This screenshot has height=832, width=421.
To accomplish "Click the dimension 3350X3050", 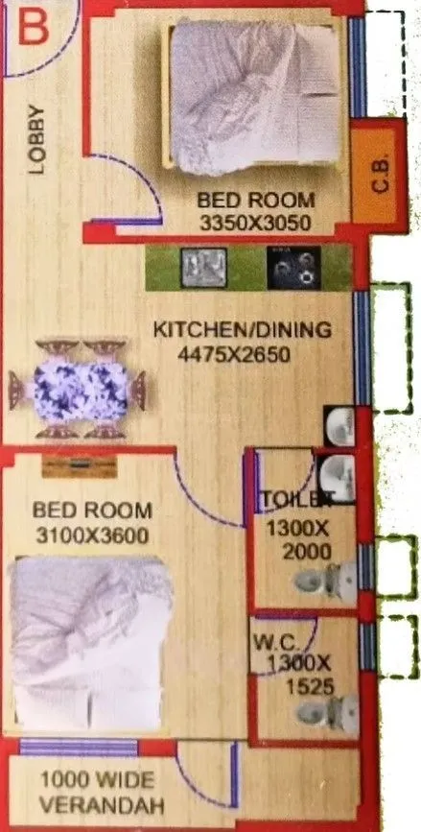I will [255, 222].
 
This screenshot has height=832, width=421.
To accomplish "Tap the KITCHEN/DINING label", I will [243, 330].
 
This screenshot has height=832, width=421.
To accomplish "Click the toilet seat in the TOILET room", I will [319, 579].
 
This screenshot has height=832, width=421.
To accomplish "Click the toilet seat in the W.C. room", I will [320, 711].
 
